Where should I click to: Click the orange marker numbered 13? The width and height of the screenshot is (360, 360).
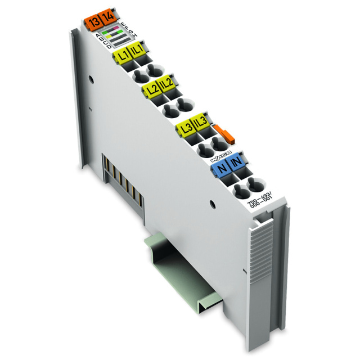coord(92,23)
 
